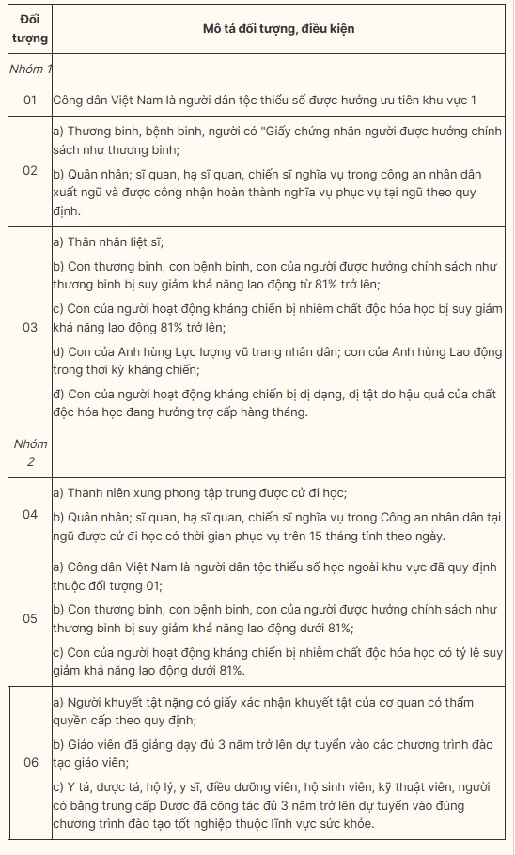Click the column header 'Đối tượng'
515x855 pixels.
[x=30, y=29]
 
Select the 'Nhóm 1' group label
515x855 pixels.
[x=30, y=70]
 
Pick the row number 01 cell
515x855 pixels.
[x=30, y=100]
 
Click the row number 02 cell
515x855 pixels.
[x=30, y=171]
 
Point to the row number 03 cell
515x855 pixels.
[x=30, y=327]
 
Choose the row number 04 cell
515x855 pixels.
[x=30, y=514]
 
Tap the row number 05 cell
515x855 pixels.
[x=30, y=618]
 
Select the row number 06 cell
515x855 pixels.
[x=30, y=762]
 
